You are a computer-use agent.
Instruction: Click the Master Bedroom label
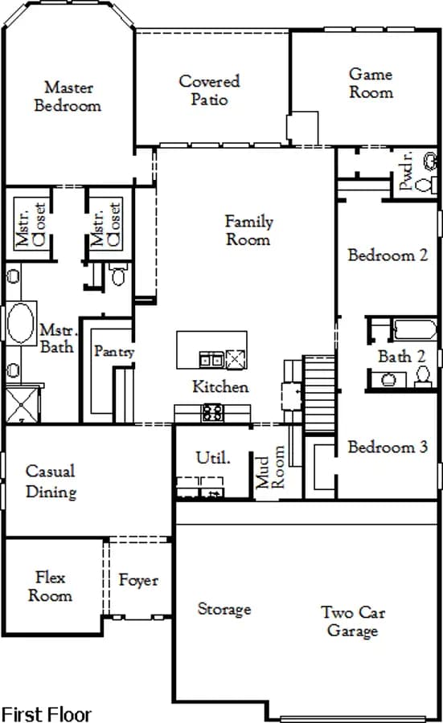(x=68, y=96)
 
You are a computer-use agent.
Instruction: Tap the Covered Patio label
(x=210, y=90)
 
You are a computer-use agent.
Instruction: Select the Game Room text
(x=371, y=83)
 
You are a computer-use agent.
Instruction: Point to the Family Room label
(x=248, y=230)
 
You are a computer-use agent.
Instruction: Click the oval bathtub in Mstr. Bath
(x=21, y=323)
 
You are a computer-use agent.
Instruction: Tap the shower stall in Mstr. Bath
(x=23, y=404)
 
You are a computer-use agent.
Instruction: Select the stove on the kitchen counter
(x=213, y=412)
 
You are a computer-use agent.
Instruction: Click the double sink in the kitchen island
(x=211, y=359)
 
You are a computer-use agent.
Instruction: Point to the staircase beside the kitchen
(x=319, y=394)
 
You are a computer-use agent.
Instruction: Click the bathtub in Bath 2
(x=415, y=329)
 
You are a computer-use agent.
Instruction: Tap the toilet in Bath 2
(x=422, y=375)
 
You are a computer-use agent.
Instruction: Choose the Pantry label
(x=114, y=351)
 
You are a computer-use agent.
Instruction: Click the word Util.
(x=213, y=458)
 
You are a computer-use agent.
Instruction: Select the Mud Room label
(x=270, y=467)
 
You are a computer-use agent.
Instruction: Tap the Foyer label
(x=138, y=580)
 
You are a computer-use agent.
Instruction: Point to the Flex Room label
(x=50, y=586)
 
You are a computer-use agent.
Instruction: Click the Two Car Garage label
(x=353, y=621)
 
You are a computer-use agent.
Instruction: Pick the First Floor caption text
(x=46, y=714)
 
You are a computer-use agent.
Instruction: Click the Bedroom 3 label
(x=388, y=447)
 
